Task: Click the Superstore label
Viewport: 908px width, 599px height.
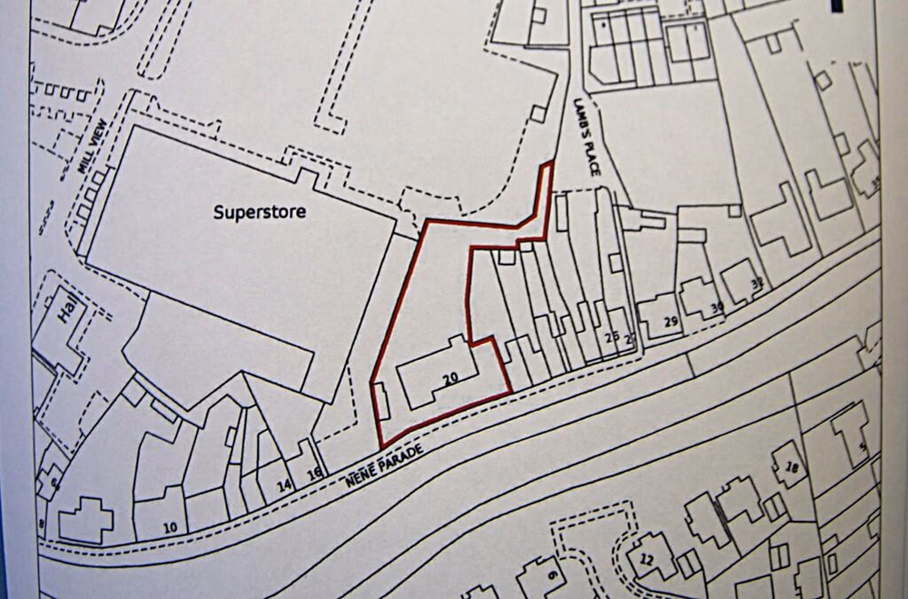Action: (260, 213)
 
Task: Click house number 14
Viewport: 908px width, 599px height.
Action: (284, 486)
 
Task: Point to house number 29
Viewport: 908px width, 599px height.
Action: (672, 323)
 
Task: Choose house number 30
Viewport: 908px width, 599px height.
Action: (717, 308)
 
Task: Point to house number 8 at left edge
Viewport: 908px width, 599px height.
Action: (41, 524)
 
